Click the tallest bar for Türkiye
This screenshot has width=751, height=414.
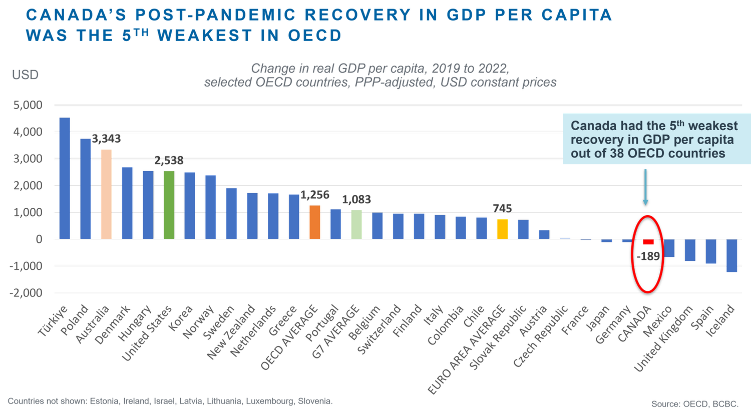(x=65, y=178)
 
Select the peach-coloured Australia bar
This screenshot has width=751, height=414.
(x=106, y=194)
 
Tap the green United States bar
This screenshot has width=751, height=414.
(x=169, y=205)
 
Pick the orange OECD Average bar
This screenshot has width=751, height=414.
(x=314, y=222)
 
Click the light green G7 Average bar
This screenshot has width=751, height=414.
(x=356, y=224)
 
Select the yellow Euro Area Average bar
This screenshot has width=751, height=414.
(x=502, y=229)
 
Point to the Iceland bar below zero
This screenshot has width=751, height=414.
(x=731, y=255)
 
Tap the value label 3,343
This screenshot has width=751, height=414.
(x=106, y=139)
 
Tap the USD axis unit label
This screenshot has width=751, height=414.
(x=25, y=75)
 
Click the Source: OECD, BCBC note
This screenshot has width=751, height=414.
(x=694, y=404)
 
